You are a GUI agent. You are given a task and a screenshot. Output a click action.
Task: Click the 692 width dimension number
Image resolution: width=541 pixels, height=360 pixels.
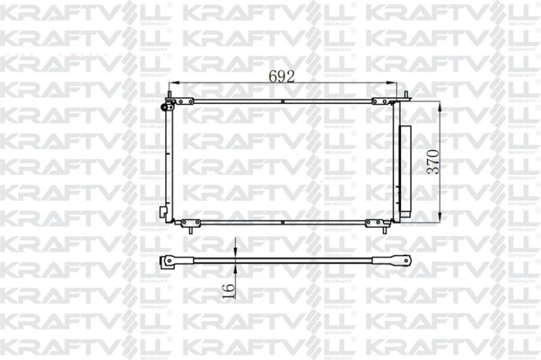tap(282, 76)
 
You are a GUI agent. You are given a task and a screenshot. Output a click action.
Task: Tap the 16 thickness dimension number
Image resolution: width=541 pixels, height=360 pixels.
tap(230, 290)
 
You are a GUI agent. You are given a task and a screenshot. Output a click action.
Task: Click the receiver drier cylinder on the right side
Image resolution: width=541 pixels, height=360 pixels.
tap(404, 171)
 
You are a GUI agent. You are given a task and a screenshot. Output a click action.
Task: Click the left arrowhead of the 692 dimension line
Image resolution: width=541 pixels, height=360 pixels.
tap(175, 83)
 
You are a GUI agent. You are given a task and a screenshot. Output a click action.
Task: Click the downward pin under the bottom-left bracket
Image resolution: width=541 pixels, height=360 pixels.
tap(189, 230)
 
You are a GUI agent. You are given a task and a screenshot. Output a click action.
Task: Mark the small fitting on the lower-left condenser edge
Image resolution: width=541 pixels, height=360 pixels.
tap(164, 209)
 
